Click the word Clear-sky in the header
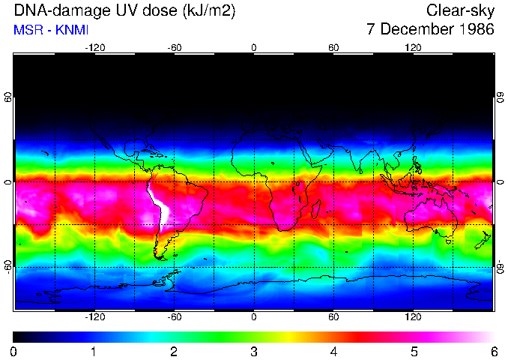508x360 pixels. point(460,10)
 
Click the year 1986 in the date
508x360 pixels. point(474,30)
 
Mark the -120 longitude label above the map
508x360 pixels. point(94,48)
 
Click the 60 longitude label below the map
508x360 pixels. point(333,316)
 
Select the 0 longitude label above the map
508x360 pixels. point(254,48)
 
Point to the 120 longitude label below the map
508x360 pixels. point(413,316)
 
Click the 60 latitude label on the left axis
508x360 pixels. point(8,98)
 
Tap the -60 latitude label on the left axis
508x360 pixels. point(8,265)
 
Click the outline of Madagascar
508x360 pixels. point(317,209)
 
